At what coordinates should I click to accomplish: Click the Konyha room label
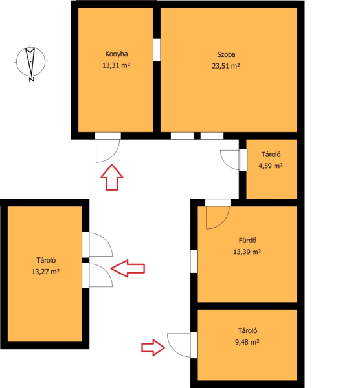[117, 54]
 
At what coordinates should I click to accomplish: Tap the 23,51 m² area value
[226, 66]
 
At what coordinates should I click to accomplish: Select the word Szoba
[226, 54]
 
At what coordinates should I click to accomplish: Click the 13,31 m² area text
[116, 65]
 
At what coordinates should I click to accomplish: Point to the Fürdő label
[247, 241]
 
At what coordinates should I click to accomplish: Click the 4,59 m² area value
[271, 166]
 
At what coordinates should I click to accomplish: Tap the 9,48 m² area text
[247, 342]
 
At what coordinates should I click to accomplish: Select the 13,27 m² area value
[45, 272]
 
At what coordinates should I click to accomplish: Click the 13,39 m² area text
[247, 252]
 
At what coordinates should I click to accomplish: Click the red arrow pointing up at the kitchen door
[112, 177]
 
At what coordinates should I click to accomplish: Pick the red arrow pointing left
[128, 268]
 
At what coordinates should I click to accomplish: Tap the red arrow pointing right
[153, 348]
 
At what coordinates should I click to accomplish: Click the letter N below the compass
[32, 80]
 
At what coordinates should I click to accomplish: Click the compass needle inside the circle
[30, 61]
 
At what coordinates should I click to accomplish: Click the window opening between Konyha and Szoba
[157, 50]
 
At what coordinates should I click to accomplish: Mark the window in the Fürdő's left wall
[194, 261]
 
